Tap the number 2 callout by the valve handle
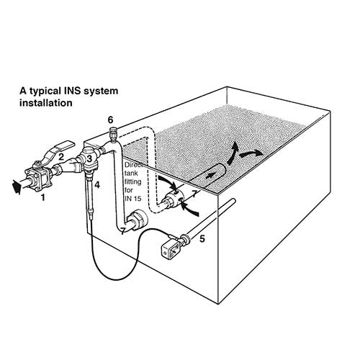coord(61,156)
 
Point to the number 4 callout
coord(97,185)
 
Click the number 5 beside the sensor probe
coord(202,237)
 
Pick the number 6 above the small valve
coord(110,118)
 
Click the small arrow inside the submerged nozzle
coord(211,173)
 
